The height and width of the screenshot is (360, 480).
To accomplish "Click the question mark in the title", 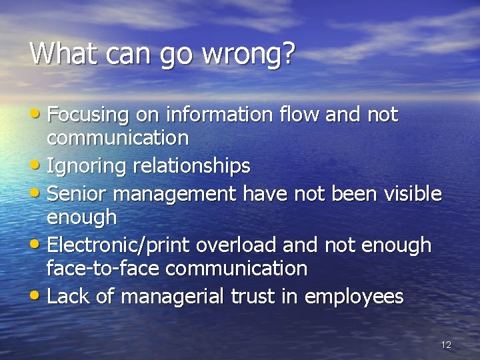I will pyautogui.click(x=287, y=53).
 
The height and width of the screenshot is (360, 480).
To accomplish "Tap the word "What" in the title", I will pyautogui.click(x=59, y=53).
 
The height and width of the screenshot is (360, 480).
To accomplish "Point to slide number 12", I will pyautogui.click(x=446, y=345).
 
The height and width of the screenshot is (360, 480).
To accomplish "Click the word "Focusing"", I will pyautogui.click(x=87, y=115).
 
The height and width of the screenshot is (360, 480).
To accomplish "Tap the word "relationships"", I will pyautogui.click(x=191, y=165).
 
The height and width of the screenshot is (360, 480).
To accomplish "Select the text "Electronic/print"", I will pyautogui.click(x=119, y=245).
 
